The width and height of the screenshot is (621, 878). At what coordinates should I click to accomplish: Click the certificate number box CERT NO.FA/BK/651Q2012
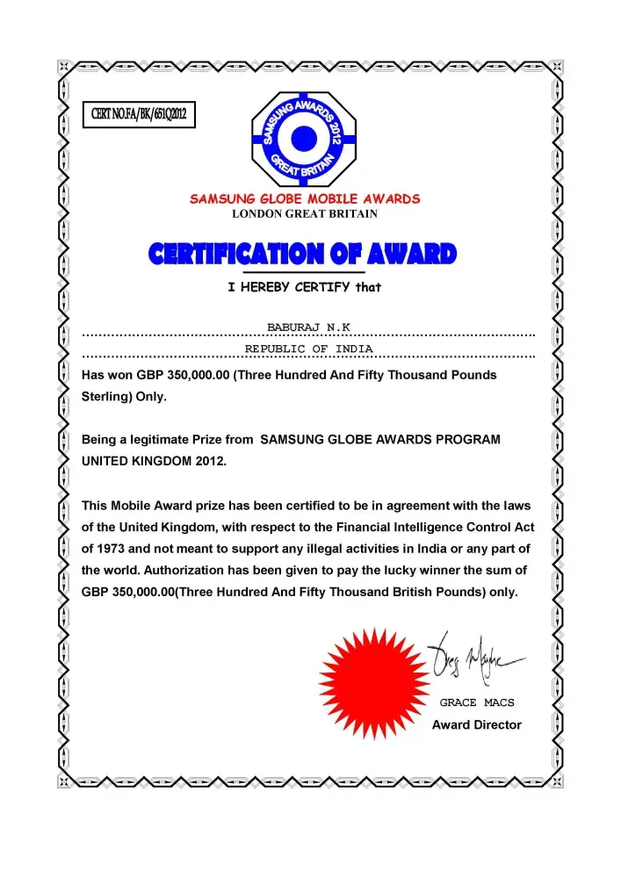[x=138, y=114]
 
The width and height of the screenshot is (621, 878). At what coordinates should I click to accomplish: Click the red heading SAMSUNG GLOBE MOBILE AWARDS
[x=305, y=198]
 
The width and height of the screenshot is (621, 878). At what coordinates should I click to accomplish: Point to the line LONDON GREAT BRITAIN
[x=305, y=213]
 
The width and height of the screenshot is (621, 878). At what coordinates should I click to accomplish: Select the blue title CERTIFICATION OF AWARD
[x=303, y=255]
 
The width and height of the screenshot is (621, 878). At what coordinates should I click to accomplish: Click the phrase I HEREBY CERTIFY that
[x=304, y=286]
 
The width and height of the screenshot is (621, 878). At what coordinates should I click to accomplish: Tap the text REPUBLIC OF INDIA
[x=308, y=349]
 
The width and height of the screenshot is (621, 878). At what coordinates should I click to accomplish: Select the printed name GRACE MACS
[x=476, y=702]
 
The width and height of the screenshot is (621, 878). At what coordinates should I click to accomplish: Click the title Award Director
[x=476, y=724]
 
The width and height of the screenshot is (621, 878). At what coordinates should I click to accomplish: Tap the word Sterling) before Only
[x=107, y=396]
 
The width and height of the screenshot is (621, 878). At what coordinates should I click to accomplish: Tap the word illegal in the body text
[x=336, y=548]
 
